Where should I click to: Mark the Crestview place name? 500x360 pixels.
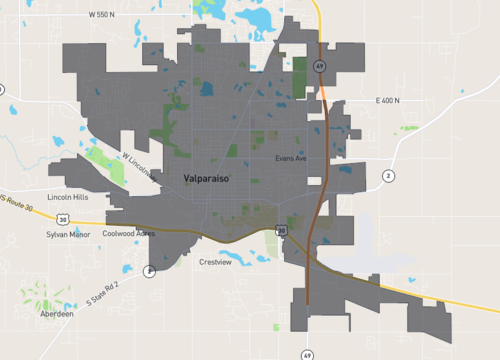(215, 262)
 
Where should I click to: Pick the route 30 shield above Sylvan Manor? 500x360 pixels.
(63, 217)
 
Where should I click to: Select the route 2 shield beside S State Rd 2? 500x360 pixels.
(148, 270)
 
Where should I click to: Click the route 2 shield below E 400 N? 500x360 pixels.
(387, 176)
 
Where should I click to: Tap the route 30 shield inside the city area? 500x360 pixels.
(281, 231)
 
